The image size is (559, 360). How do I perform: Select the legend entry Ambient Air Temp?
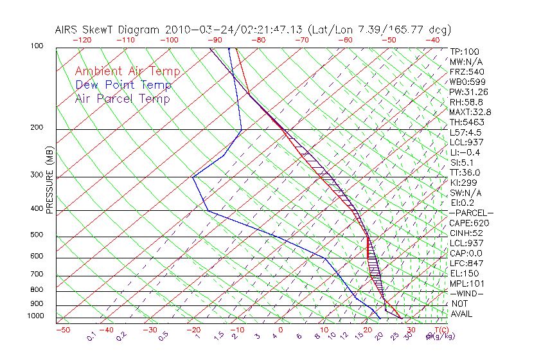[127, 71]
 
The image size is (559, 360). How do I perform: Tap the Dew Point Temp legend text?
[123, 85]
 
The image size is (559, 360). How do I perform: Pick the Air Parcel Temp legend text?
[122, 98]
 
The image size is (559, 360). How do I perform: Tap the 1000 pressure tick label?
[36, 316]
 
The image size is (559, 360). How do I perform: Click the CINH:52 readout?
[466, 233]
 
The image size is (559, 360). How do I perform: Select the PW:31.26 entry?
[469, 92]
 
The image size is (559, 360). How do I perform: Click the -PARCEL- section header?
[471, 213]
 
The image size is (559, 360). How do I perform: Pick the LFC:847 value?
[465, 264]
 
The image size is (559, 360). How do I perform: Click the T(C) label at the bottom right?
[438, 330]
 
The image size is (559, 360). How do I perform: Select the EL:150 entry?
[463, 274]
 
